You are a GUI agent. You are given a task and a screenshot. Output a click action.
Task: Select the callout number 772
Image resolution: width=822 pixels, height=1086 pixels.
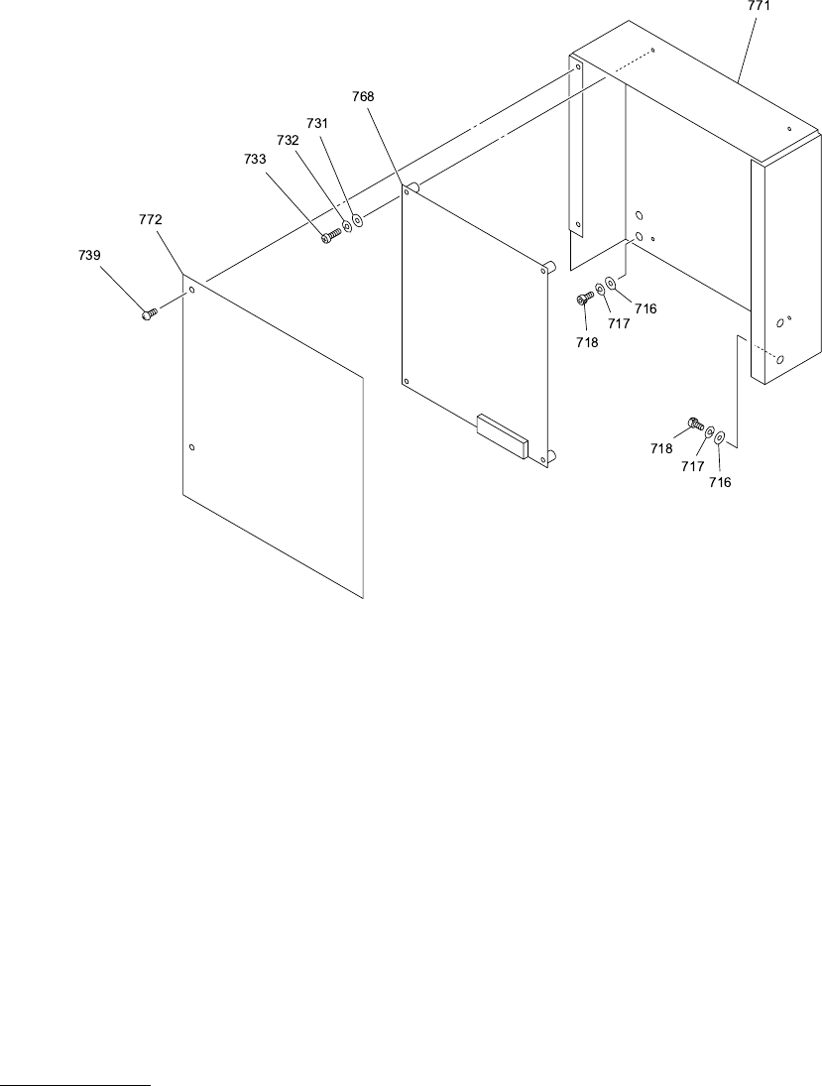click(x=151, y=218)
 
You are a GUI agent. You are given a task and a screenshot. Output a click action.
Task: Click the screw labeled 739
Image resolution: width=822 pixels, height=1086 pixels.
click(x=149, y=313)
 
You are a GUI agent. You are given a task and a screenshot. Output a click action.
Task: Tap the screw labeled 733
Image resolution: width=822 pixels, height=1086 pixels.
click(x=330, y=235)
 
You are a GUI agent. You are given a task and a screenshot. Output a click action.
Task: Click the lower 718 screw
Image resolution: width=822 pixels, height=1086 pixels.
click(x=692, y=426)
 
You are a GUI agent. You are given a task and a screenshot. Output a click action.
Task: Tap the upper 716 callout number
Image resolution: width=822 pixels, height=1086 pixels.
click(x=646, y=308)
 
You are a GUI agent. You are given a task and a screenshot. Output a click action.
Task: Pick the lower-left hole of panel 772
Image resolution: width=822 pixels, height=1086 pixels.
click(x=192, y=448)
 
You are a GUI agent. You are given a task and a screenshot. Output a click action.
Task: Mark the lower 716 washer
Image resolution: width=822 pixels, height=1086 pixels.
click(x=721, y=436)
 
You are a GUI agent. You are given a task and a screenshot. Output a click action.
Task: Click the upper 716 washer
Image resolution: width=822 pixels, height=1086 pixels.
click(x=611, y=286)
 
